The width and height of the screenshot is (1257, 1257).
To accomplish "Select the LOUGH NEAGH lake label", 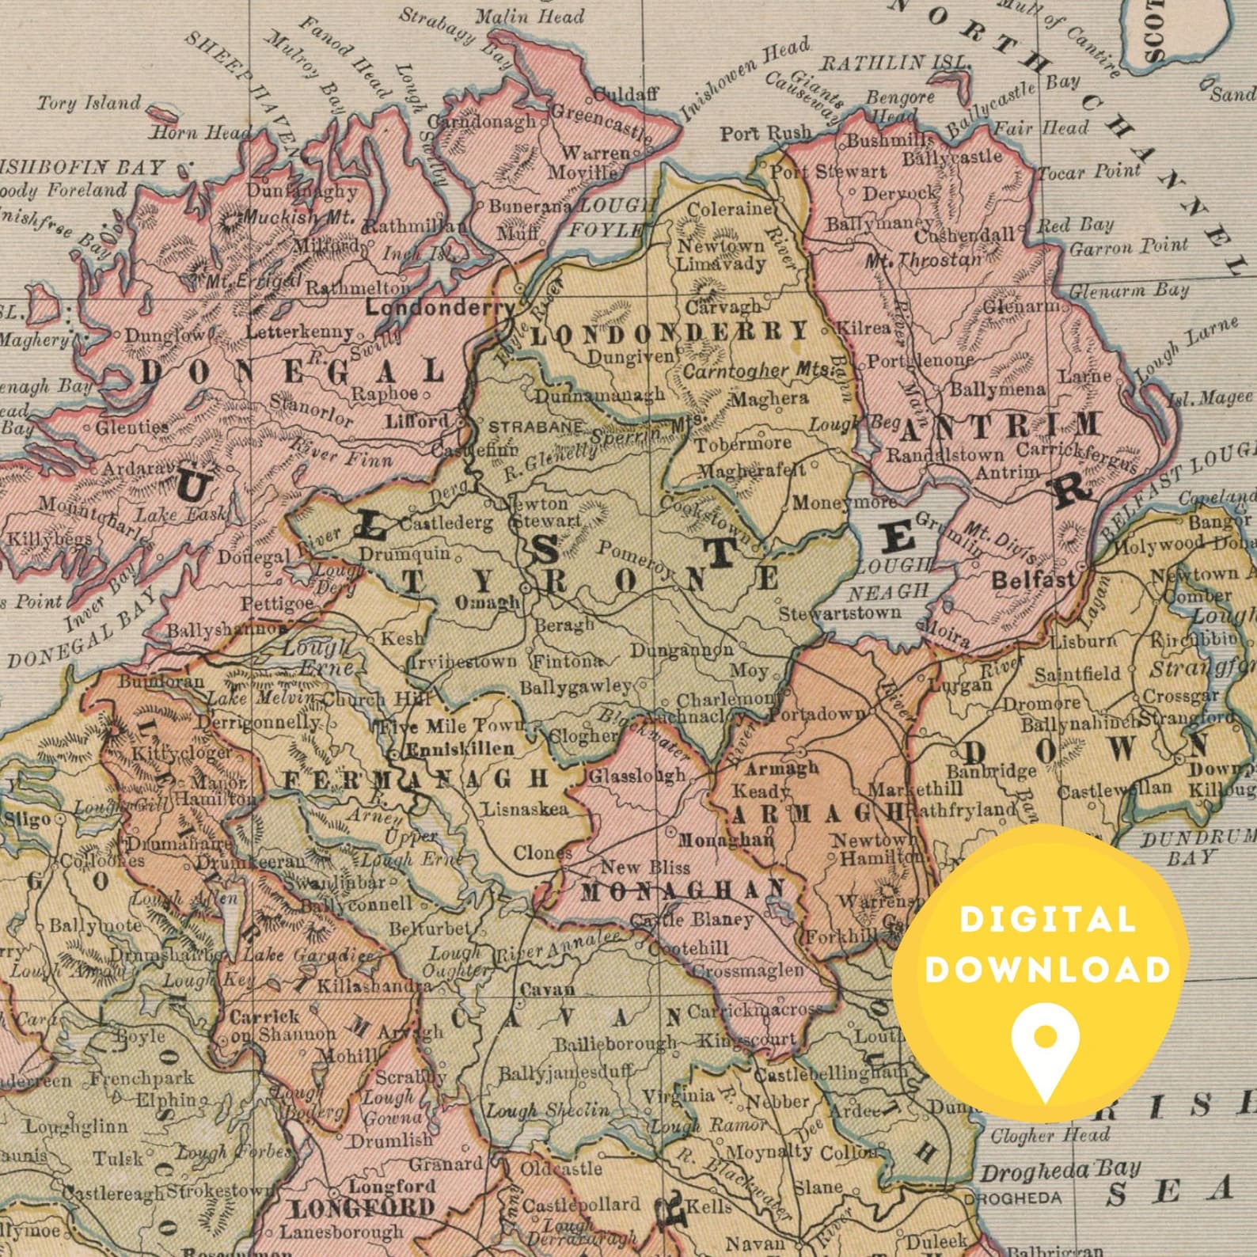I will pyautogui.click(x=891, y=579).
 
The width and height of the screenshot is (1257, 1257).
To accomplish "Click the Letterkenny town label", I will pyautogui.click(x=299, y=332).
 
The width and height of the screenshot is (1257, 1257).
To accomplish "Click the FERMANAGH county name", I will pyautogui.click(x=416, y=779).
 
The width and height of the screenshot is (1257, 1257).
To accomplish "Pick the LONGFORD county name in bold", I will pyautogui.click(x=362, y=1208).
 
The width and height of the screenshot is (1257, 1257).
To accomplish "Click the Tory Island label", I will pyautogui.click(x=89, y=103).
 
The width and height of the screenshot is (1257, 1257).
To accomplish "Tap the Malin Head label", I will pyautogui.click(x=540, y=16).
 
